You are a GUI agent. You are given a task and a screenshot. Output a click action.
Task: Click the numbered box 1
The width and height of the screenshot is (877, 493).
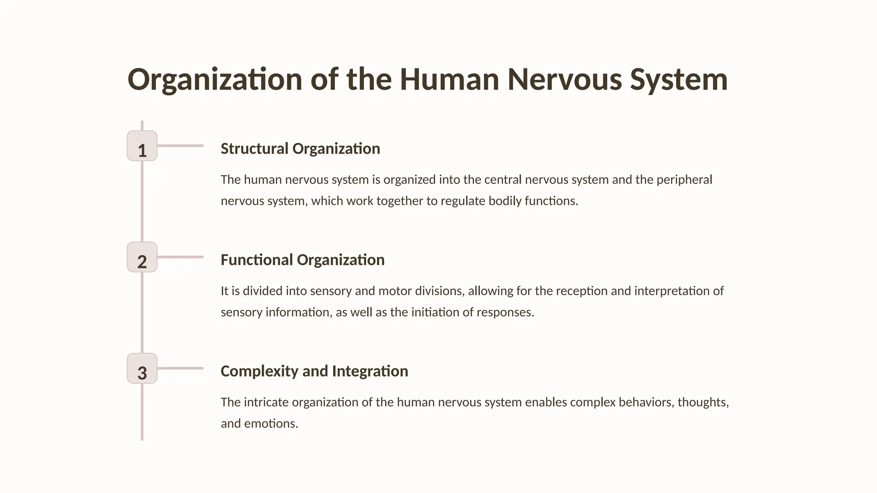tap(142, 146)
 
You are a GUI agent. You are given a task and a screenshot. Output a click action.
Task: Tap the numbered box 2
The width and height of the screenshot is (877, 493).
tap(142, 257)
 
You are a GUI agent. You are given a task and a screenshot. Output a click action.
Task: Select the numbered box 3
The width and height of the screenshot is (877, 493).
tap(142, 368)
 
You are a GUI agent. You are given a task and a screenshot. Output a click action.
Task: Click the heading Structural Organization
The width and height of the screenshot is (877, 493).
tap(300, 148)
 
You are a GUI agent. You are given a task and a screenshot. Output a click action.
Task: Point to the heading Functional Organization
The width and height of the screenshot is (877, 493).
tap(302, 260)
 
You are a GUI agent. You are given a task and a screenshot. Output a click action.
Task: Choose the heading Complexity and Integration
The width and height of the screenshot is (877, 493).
tap(314, 371)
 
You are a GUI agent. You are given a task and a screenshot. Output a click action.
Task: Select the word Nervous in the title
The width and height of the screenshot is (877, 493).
tap(564, 80)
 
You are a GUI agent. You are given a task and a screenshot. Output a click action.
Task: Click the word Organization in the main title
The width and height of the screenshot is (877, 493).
tap(215, 80)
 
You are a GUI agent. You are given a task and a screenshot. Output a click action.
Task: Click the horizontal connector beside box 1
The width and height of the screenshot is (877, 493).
tap(180, 146)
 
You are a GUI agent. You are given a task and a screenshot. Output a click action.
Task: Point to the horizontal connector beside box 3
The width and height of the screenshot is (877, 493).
tap(180, 368)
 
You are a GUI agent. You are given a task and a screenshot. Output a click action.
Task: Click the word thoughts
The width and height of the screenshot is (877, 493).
tap(703, 402)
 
